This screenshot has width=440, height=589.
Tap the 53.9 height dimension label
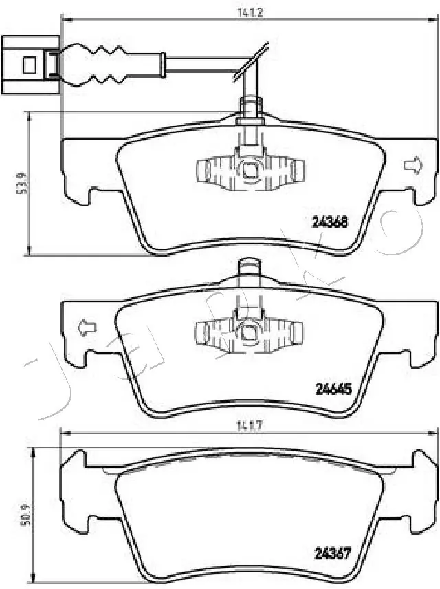pos(20,184)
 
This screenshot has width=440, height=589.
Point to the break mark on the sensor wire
pos(250,62)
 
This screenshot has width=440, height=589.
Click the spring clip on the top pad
pos(249,169)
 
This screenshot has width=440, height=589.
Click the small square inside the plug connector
pos(29,65)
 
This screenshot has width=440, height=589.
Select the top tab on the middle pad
pos(249,268)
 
